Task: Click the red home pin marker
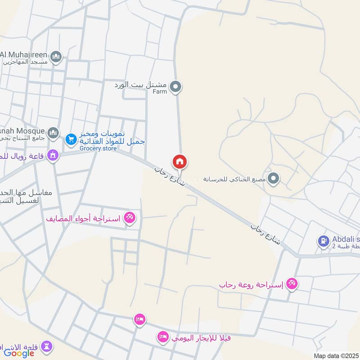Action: point(180,162)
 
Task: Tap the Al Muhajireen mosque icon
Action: point(56,56)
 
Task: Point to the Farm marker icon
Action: point(176,86)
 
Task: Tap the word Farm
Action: point(159,91)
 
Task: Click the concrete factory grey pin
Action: point(273,179)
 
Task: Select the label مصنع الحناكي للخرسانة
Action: point(233,179)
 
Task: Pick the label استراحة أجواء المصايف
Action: point(84,219)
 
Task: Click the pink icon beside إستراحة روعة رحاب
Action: point(292,283)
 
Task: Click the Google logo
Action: point(19,353)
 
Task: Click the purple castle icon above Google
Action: point(47,346)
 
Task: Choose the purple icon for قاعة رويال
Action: point(53,155)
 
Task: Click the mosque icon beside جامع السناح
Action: point(53,133)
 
